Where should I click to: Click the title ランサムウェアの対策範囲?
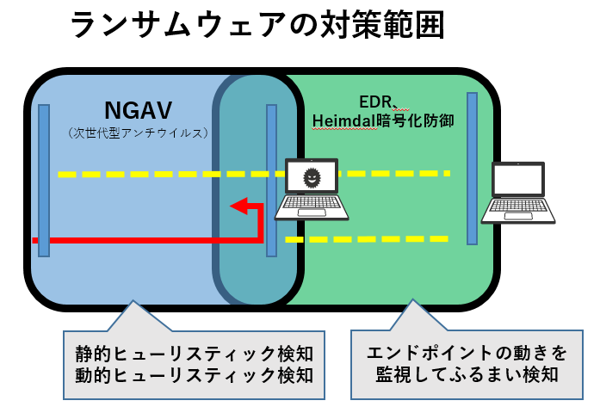[257, 24]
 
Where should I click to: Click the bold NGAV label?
[138, 110]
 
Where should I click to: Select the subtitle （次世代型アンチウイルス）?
[138, 133]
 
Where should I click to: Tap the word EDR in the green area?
[375, 102]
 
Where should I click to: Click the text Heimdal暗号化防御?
[383, 120]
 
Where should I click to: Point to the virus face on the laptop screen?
[312, 177]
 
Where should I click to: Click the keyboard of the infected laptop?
[312, 202]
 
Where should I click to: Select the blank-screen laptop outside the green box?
[518, 193]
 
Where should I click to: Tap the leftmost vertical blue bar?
[44, 181]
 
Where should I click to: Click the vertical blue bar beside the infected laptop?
[272, 181]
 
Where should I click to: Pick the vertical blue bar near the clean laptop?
[473, 169]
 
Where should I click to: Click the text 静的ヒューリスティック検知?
[195, 354]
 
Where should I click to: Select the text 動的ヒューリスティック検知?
[195, 375]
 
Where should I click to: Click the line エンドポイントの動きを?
[467, 353]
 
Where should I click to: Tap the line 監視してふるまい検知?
[467, 374]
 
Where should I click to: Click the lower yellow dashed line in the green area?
[367, 239]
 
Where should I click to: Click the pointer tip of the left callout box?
[133, 301]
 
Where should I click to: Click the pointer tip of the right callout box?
[412, 299]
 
